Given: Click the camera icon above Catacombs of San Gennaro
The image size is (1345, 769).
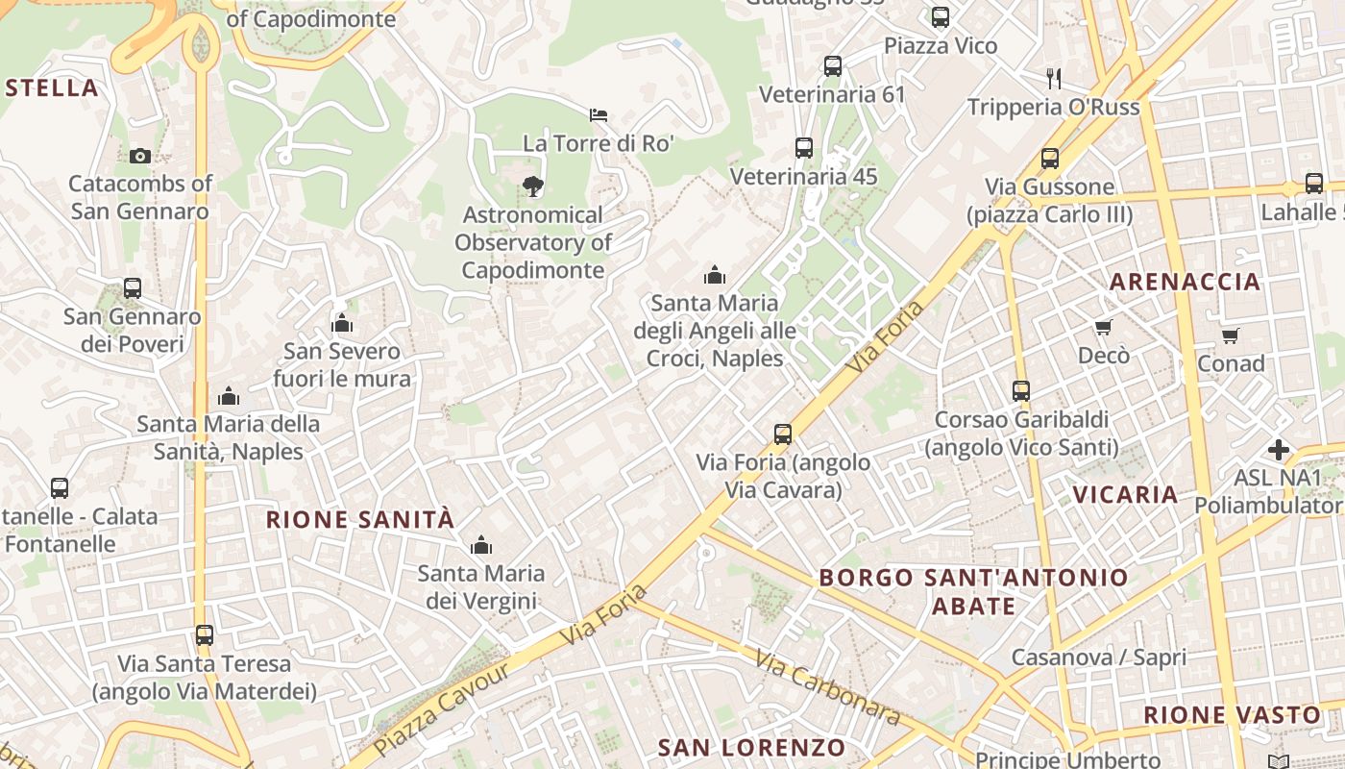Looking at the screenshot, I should click(140, 156).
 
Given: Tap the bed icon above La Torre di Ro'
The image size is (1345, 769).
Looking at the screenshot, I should click(599, 115).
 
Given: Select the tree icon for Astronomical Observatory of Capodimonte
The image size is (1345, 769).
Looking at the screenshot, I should click(532, 186).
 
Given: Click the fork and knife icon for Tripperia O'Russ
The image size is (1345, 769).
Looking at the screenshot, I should click(1054, 78).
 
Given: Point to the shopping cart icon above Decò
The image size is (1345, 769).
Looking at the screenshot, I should click(1103, 328).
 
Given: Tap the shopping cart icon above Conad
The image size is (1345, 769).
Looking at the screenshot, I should click(1231, 335).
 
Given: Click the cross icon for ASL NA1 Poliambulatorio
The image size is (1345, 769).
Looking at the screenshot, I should click(1279, 449).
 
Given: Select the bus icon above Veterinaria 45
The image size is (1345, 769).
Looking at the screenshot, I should click(804, 148).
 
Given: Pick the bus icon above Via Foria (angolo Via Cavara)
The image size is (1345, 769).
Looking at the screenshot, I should click(783, 434).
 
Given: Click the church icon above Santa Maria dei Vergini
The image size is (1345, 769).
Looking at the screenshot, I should click(481, 546).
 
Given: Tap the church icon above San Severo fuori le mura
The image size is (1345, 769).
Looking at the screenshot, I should click(342, 323).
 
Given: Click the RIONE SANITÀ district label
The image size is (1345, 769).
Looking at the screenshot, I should click(359, 520).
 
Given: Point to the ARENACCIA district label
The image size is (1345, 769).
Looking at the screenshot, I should click(1185, 282).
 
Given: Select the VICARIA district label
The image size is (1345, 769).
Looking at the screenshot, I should click(1125, 495).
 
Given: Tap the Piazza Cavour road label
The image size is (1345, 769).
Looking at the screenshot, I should click(441, 709).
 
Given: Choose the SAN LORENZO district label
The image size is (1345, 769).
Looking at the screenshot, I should click(751, 748).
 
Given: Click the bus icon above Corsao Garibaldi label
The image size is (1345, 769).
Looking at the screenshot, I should click(1021, 391).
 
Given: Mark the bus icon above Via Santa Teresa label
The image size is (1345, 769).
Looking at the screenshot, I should click(205, 635).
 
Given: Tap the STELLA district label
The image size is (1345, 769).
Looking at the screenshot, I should click(52, 88).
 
